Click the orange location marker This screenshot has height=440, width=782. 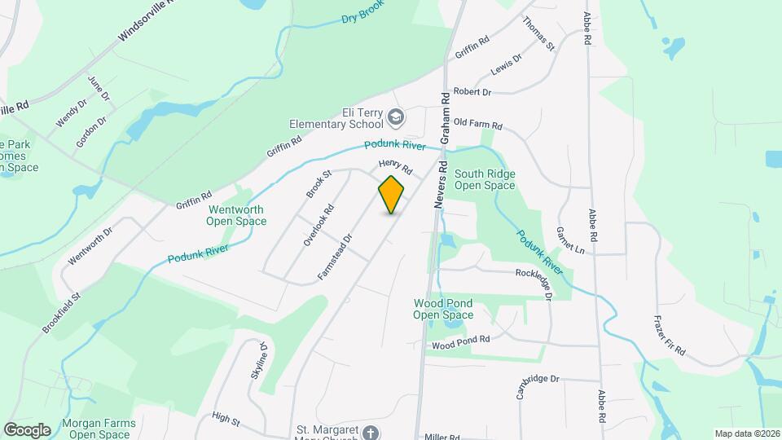392,194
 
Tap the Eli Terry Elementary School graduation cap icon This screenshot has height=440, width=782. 397,118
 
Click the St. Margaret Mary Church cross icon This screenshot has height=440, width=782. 371,432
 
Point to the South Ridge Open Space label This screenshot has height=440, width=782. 485,179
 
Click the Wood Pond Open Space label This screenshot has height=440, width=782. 442,309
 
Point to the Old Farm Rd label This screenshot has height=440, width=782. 478,125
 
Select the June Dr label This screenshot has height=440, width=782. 99,89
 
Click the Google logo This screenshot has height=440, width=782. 27,429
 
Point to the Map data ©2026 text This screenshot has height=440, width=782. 746,433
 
